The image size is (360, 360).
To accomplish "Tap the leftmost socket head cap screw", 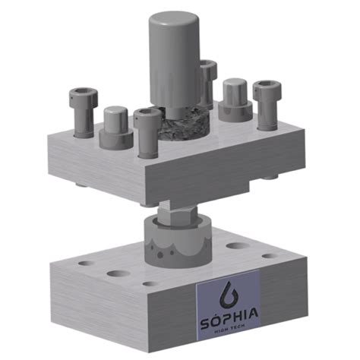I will coord(83,114).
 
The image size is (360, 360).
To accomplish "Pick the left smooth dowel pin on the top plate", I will coord(116,126).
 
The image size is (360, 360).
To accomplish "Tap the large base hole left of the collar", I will coord(118,272).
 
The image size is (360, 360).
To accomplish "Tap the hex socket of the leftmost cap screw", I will coord(83,94).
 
